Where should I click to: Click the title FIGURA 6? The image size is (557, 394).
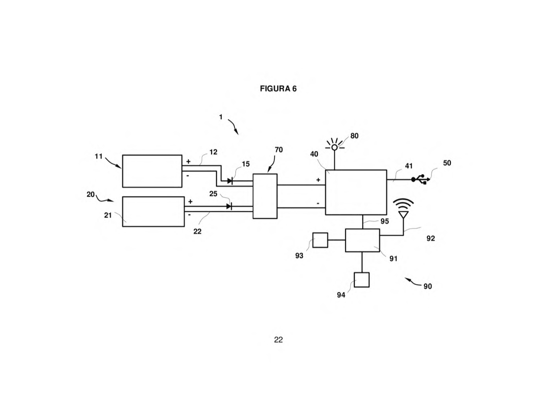278,88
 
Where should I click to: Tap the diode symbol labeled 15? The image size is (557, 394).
230,181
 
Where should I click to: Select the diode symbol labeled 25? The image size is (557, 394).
229,206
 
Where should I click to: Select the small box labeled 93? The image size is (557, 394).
320,240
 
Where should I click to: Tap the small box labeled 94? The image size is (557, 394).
362,280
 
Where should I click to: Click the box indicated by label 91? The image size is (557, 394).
362,240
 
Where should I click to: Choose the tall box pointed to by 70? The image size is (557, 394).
265,196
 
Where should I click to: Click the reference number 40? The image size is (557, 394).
314,154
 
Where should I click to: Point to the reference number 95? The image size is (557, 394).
384,221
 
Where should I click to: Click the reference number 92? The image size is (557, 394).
431,238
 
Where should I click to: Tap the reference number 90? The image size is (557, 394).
428,286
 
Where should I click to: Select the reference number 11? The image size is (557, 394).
99,156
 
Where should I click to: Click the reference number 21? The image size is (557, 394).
108,215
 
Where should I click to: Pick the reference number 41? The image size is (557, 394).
409,166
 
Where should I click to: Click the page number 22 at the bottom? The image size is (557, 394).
278,340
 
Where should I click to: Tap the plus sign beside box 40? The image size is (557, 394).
318,180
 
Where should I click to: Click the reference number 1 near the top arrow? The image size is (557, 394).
221,117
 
